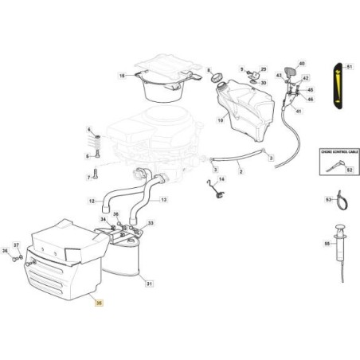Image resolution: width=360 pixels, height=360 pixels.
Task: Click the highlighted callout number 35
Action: click(99, 303)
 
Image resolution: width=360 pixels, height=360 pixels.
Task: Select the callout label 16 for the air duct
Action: click(123, 76)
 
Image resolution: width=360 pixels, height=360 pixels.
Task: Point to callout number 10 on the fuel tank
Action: click(220, 120)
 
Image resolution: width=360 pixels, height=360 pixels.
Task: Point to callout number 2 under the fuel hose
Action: click(241, 171)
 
